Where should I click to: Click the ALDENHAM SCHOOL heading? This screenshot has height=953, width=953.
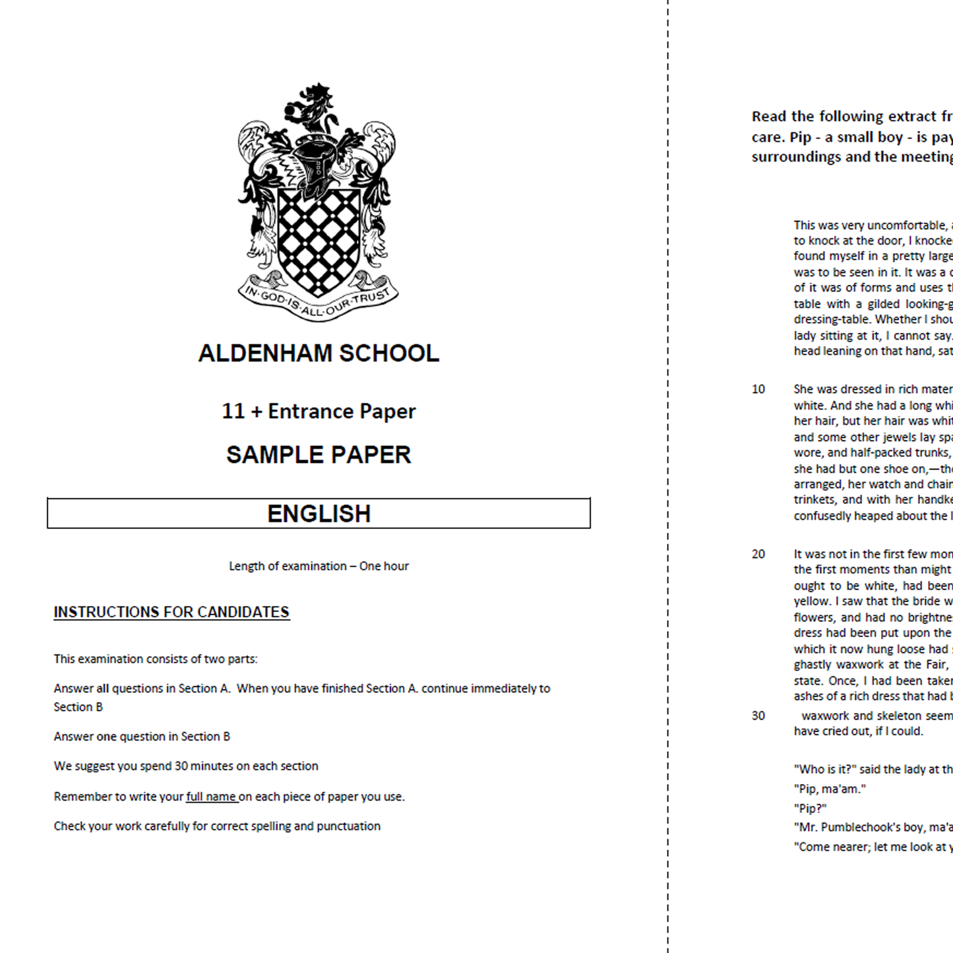[x=319, y=354]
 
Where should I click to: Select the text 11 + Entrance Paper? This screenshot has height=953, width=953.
[x=319, y=412]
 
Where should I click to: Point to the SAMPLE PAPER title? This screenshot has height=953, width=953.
[x=319, y=455]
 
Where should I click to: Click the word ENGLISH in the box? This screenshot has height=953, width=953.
[x=319, y=514]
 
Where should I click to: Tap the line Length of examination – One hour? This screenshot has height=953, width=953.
[x=319, y=566]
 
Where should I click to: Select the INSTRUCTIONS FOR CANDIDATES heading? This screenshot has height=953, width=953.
[x=171, y=612]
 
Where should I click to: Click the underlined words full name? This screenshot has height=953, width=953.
[x=211, y=797]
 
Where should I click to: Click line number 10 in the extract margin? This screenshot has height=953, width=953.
[x=758, y=389]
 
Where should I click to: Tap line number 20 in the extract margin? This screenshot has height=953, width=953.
[x=758, y=554]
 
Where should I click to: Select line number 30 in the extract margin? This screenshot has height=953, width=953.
[x=758, y=716]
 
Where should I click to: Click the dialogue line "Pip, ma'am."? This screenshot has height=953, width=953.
[x=830, y=789]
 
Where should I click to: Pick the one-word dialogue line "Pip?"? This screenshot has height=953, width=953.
[x=810, y=809]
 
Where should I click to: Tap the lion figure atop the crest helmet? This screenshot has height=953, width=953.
[x=315, y=109]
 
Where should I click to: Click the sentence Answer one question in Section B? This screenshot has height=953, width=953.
[x=142, y=737]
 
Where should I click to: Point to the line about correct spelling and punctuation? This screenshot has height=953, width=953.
[x=217, y=826]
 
